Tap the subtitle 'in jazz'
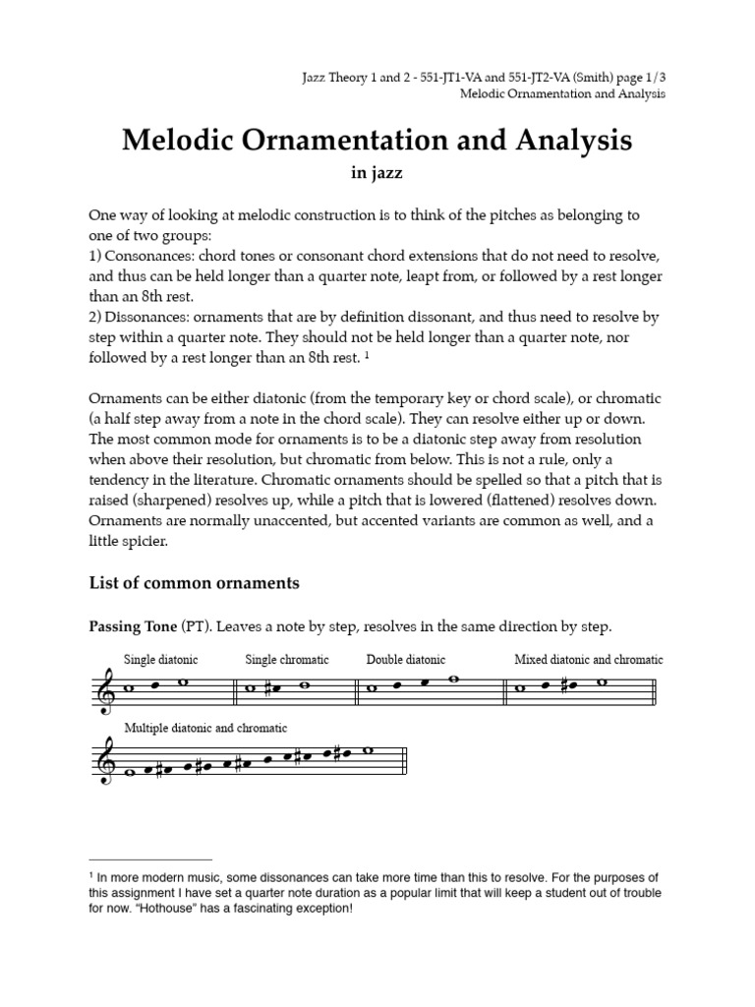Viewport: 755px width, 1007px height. click(377, 173)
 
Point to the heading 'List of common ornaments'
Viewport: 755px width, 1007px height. click(195, 583)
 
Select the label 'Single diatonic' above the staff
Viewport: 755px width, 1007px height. click(153, 660)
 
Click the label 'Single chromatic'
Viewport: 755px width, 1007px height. click(287, 660)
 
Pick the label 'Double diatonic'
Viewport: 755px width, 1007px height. click(406, 660)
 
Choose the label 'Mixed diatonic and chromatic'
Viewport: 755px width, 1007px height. click(588, 660)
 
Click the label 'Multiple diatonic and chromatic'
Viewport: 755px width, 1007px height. click(205, 728)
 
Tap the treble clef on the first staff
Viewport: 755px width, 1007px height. click(103, 688)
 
